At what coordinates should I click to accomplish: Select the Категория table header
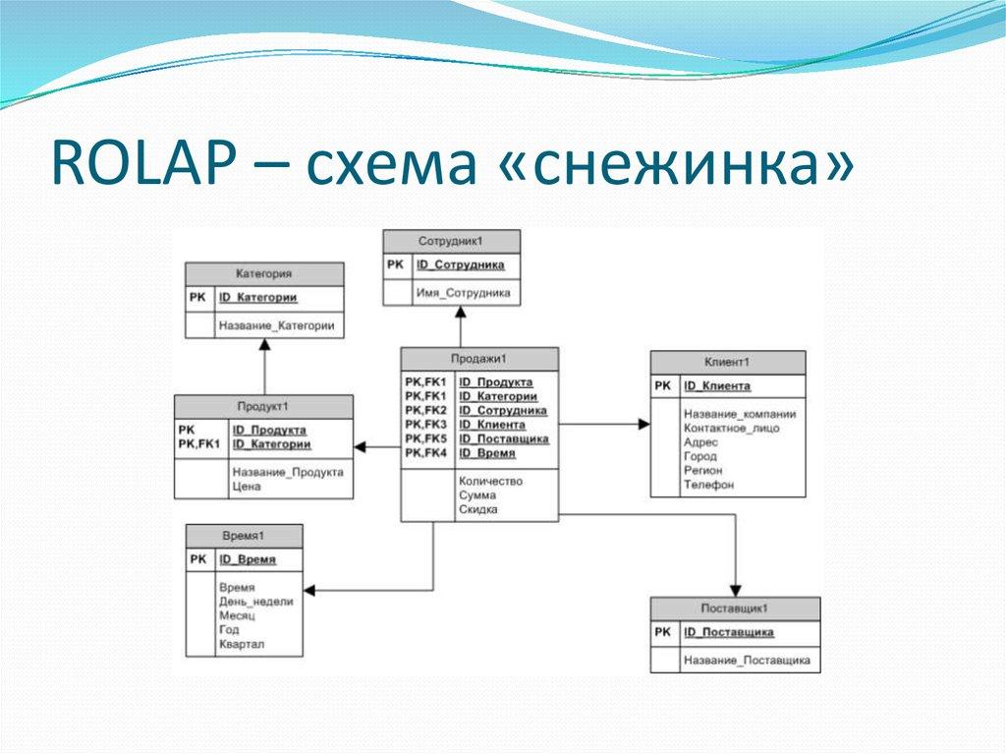pos(263,273)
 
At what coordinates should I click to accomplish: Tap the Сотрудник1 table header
pos(451,241)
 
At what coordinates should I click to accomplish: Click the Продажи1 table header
pos(478,359)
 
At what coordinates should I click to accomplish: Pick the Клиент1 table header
pos(727,362)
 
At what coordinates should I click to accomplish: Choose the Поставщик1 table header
pos(734,609)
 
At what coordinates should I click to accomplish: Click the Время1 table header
pos(245,536)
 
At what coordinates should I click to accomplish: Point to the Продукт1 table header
pos(262,406)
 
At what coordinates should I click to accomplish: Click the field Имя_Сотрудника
pos(463,293)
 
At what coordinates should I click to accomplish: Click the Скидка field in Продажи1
pos(477,509)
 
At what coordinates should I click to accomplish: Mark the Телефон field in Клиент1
pos(708,485)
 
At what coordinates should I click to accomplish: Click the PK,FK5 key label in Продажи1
pos(425,438)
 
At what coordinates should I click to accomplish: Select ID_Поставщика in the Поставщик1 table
pos(729,632)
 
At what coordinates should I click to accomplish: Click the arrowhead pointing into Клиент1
pos(643,424)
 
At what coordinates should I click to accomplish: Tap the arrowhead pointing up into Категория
pos(263,345)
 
